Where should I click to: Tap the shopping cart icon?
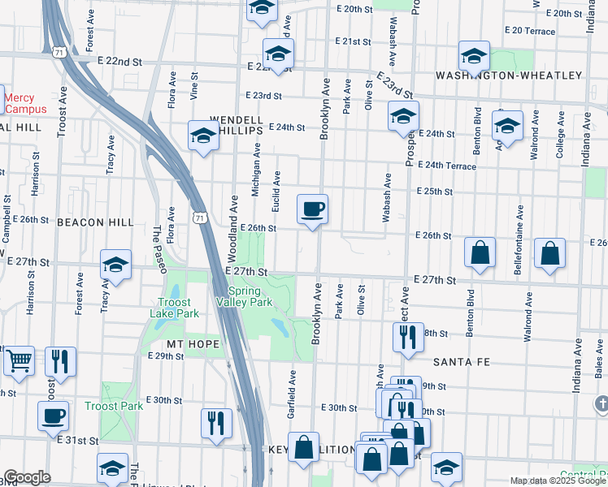19,360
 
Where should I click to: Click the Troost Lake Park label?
173,308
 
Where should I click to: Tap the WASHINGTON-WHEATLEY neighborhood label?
509,75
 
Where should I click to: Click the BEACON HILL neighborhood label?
95,222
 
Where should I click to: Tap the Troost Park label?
114,406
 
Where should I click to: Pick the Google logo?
27,477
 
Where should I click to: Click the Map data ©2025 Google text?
558,481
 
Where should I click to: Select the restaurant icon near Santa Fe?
408,336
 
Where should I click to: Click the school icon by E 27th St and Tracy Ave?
116,265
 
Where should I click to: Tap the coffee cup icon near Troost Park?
54,416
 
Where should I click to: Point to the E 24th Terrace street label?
447,166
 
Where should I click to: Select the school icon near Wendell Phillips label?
203,135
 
